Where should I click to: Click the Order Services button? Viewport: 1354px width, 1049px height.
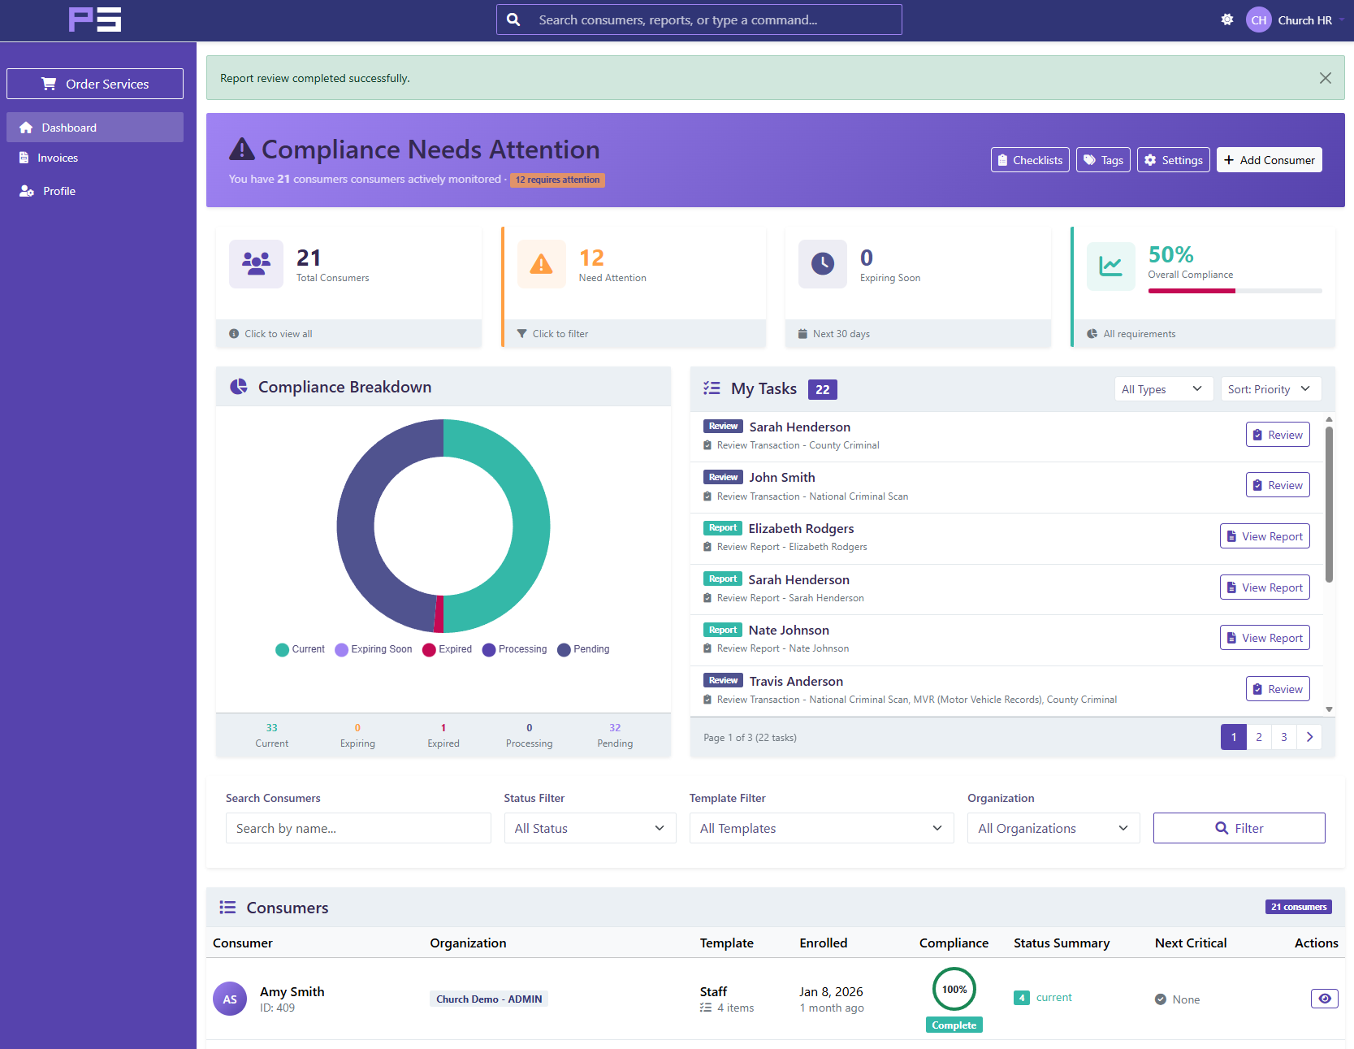pyautogui.click(x=95, y=84)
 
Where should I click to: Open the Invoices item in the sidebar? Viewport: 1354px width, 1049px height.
pyautogui.click(x=58, y=158)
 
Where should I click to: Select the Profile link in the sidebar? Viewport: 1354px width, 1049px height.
pyautogui.click(x=58, y=191)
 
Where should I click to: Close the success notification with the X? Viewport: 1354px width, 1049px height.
pyautogui.click(x=1325, y=78)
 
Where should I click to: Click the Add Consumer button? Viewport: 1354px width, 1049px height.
pyautogui.click(x=1269, y=160)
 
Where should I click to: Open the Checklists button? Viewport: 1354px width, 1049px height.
pyautogui.click(x=1029, y=160)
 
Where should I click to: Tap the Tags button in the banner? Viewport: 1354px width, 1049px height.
pyautogui.click(x=1102, y=160)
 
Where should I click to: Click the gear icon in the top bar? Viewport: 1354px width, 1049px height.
pyautogui.click(x=1226, y=20)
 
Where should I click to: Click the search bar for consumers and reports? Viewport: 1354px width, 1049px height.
pyautogui.click(x=699, y=20)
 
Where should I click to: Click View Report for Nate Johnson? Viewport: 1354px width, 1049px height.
pyautogui.click(x=1264, y=638)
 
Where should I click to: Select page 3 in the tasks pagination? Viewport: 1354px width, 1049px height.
pyautogui.click(x=1283, y=737)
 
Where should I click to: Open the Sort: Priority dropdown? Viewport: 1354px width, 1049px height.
pyautogui.click(x=1270, y=389)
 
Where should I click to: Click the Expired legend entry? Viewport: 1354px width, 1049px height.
pyautogui.click(x=448, y=649)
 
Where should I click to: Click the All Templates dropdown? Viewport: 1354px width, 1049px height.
pyautogui.click(x=820, y=828)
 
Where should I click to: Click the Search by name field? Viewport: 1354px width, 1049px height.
pyautogui.click(x=358, y=828)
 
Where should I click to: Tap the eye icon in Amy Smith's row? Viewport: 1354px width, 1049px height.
pyautogui.click(x=1324, y=999)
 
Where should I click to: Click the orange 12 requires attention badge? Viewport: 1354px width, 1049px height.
pyautogui.click(x=557, y=180)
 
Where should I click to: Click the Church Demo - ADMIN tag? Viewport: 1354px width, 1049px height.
pyautogui.click(x=488, y=999)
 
